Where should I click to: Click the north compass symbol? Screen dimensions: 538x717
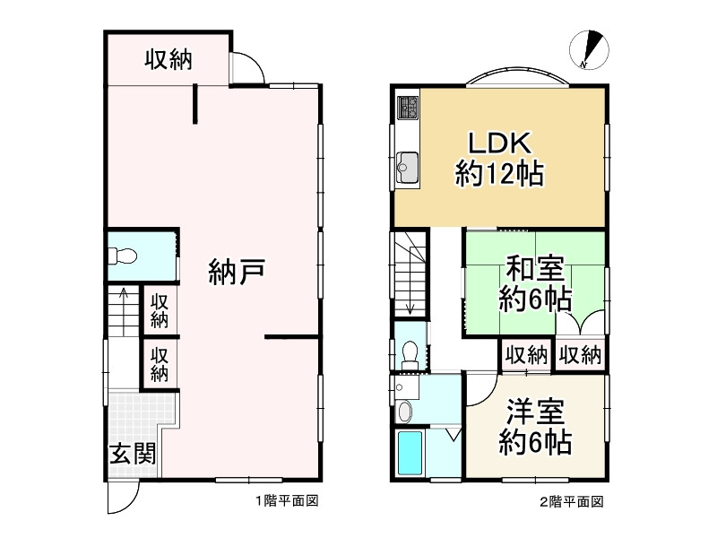[592, 49]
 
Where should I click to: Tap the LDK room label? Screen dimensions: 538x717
[498, 143]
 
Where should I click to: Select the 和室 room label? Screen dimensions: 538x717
[535, 269]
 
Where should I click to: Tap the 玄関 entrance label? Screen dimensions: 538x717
[134, 453]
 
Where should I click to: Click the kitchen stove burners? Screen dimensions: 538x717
[408, 108]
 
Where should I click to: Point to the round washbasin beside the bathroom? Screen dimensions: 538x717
[405, 412]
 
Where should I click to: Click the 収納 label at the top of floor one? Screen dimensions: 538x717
[168, 61]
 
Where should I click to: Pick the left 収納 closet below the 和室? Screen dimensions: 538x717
[525, 355]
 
